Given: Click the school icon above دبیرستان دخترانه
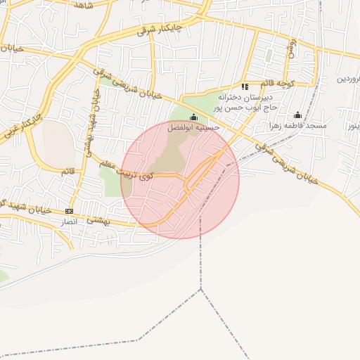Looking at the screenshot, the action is [245, 86].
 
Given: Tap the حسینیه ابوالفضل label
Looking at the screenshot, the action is [193, 128].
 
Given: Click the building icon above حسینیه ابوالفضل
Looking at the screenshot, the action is [193, 117].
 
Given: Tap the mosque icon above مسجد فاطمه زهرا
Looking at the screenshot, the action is [297, 115].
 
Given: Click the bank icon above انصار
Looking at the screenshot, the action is [69, 211].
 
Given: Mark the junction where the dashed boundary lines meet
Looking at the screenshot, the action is [201, 288].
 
